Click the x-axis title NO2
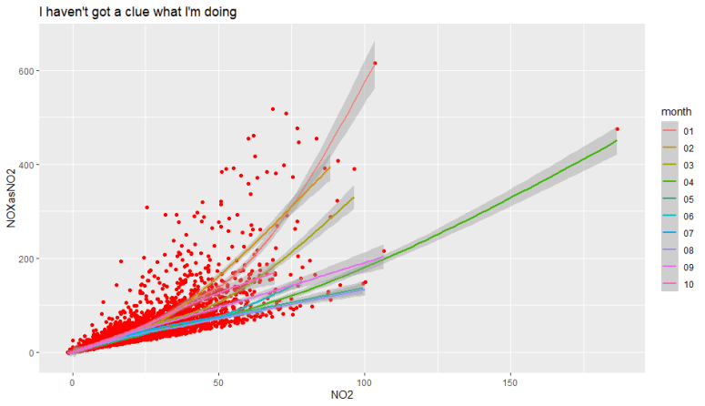(341, 396)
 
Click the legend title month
(676, 111)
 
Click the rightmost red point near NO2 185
(617, 129)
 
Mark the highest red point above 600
(375, 63)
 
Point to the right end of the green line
(616, 141)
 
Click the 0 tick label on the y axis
(32, 352)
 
